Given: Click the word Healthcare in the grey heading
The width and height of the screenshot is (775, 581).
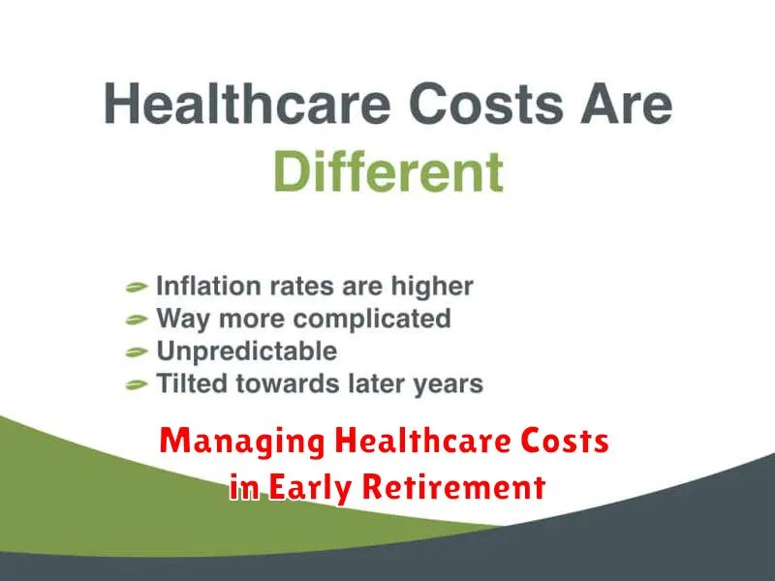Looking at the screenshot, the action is click(248, 104).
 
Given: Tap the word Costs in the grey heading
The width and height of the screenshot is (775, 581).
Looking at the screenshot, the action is click(486, 105).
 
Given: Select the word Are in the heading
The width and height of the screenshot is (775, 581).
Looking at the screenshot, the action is click(627, 105).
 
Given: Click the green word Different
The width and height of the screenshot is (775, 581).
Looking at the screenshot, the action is click(388, 171).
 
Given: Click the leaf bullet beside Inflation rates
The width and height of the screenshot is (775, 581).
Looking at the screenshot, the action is click(137, 287).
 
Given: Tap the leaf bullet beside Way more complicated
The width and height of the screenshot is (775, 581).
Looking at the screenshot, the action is click(137, 320).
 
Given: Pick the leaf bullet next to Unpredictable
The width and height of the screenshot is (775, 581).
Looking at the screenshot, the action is click(137, 352).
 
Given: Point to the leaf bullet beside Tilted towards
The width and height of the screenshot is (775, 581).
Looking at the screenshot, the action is click(137, 384).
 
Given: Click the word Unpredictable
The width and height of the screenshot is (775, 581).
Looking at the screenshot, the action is click(247, 352).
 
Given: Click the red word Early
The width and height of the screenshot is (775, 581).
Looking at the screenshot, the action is click(310, 488).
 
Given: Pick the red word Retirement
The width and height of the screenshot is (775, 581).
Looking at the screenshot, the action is click(454, 486).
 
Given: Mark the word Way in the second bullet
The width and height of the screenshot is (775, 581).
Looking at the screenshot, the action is click(183, 320).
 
